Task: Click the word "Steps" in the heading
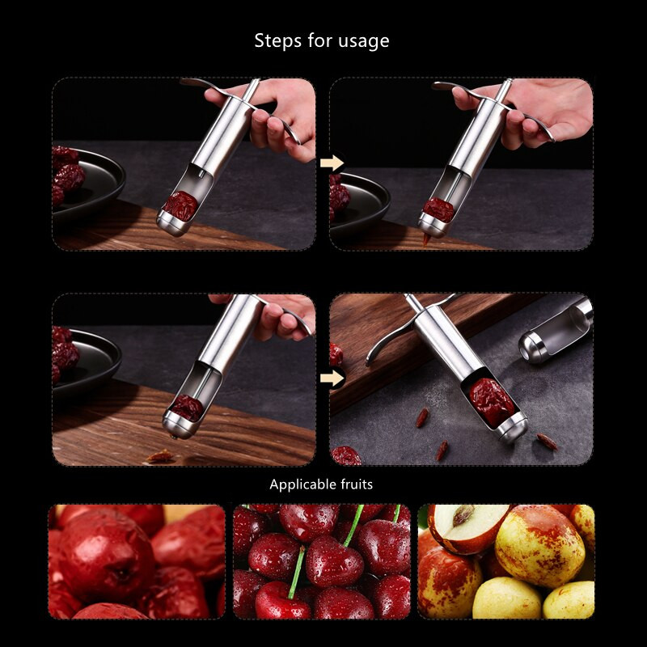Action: (277, 41)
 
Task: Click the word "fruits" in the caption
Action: (357, 484)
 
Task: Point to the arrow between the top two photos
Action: (332, 163)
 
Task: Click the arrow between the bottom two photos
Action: (332, 378)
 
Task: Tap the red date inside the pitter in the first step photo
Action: (180, 205)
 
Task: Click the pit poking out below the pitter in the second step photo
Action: (425, 239)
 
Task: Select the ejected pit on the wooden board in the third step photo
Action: (160, 456)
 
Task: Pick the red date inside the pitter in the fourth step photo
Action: (491, 401)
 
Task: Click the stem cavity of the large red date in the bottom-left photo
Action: (123, 573)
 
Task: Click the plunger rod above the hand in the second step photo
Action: (505, 90)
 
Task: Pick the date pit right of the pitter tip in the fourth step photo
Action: (548, 441)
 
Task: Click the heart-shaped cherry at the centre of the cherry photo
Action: (334, 560)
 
